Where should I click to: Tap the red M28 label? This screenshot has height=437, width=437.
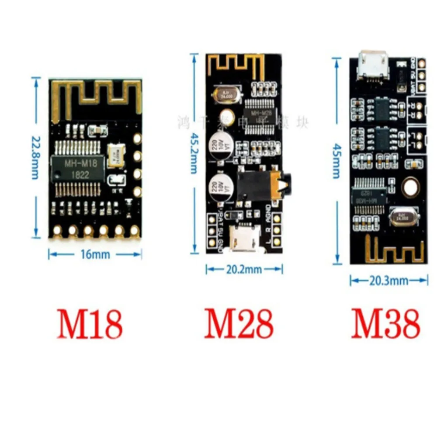click(239, 324)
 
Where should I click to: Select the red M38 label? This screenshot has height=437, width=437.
click(385, 324)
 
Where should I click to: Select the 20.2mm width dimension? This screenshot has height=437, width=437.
click(244, 270)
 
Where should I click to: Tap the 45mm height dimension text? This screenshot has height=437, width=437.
click(336, 160)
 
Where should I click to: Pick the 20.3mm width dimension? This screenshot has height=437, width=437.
click(388, 280)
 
